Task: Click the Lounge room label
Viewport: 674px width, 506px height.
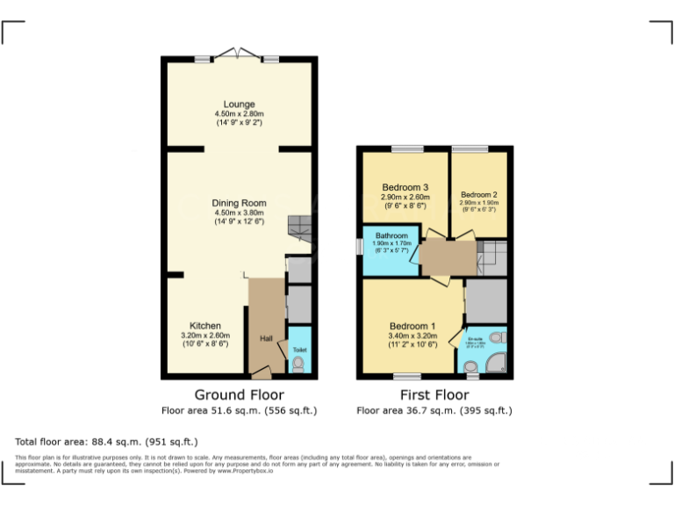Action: [239, 104]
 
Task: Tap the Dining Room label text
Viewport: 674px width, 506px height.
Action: [239, 203]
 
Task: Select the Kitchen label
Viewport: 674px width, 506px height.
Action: [205, 325]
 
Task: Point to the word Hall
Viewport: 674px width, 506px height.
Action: [266, 338]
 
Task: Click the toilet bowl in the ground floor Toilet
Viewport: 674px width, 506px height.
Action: [298, 364]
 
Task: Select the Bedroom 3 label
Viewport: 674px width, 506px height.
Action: [405, 187]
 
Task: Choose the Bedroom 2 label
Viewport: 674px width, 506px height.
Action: [479, 194]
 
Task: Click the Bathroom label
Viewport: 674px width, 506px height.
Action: [391, 236]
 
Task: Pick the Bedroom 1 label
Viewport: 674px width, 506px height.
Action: [412, 326]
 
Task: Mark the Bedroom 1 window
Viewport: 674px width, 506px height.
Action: [406, 377]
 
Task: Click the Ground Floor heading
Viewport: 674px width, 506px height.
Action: [239, 394]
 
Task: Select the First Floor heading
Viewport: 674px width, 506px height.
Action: [434, 394]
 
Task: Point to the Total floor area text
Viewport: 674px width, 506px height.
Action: [106, 441]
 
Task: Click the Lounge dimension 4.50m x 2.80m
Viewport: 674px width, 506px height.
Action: [239, 114]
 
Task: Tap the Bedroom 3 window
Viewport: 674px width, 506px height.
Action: [406, 148]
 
